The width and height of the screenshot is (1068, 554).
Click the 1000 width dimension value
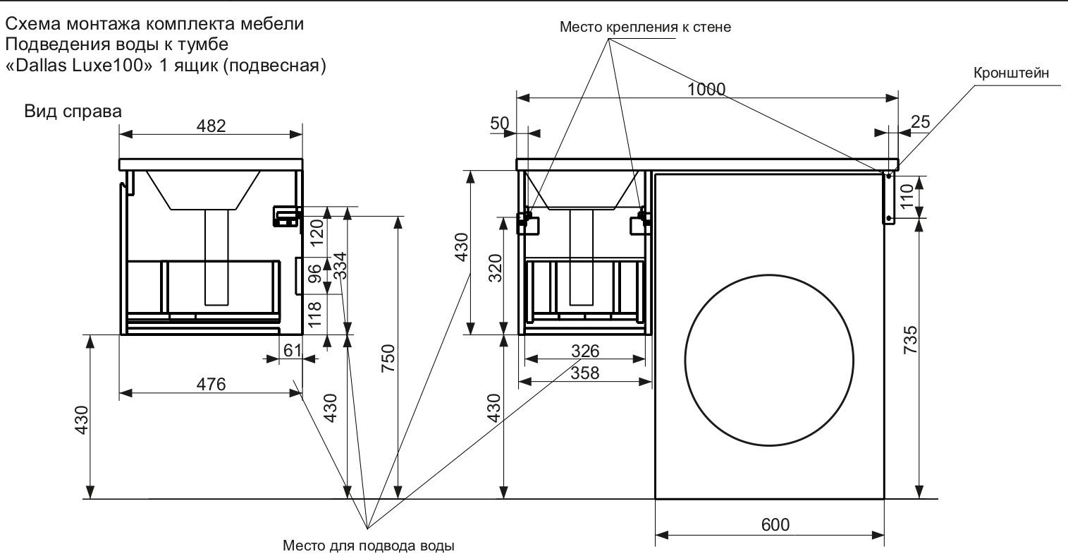point(706,89)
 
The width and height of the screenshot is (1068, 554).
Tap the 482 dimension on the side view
point(211,126)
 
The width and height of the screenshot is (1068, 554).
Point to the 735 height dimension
point(910,340)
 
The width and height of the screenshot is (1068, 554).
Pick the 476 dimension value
point(211,385)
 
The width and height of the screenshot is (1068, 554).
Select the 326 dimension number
point(584,351)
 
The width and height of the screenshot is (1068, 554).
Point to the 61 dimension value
point(292,349)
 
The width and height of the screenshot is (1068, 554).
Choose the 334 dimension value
point(339,265)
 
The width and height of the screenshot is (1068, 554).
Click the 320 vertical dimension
point(496,268)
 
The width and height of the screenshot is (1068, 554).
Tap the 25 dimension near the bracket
point(920,122)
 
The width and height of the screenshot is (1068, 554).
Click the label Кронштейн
point(1011,73)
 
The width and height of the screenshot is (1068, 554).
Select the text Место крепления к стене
point(645,28)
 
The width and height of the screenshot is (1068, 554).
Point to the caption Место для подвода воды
point(369,546)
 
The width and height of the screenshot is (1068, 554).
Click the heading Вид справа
point(73,112)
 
